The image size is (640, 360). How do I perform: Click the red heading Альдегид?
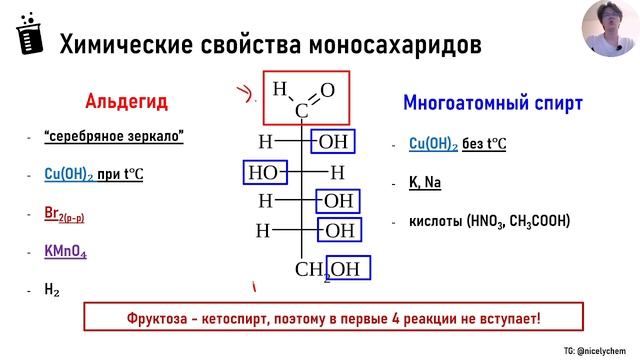[x=126, y=102]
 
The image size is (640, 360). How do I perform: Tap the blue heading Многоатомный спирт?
[x=492, y=102]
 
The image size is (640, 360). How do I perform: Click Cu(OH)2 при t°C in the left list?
[x=94, y=175]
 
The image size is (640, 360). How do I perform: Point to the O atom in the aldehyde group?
[x=328, y=90]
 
